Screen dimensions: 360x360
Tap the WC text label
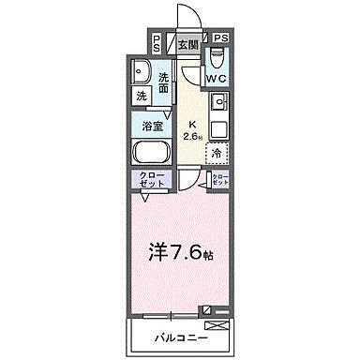217,78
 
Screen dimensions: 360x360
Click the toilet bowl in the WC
218,56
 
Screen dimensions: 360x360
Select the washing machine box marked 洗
141,97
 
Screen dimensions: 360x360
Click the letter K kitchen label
193,124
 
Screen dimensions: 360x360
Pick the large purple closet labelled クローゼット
153,179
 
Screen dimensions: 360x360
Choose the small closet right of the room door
218,178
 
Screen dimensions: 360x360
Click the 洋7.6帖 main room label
178,251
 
